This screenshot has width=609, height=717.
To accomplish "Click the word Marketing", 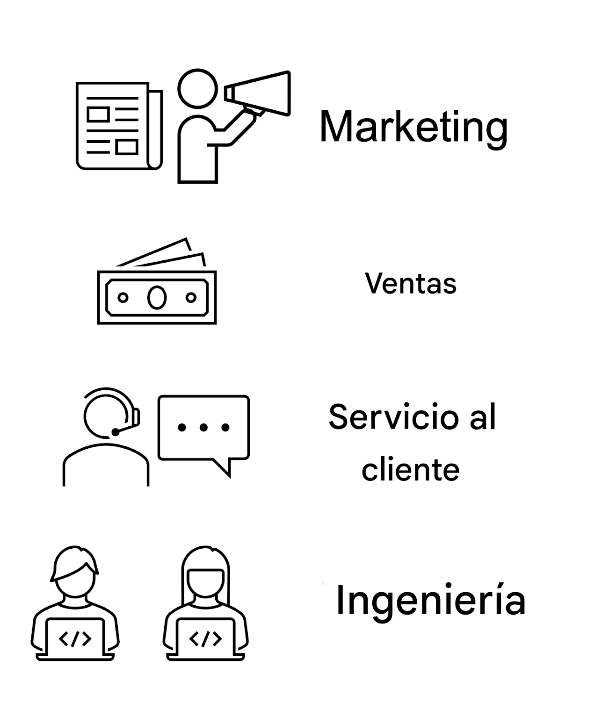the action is point(413,129).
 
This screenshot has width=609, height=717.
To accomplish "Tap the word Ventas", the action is point(410,283).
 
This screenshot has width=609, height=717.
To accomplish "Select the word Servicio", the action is point(394,416).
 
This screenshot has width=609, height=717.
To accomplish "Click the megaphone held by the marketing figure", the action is point(257,93).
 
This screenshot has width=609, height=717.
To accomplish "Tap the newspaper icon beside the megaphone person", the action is point(119,126).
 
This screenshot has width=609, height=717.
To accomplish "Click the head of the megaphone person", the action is point(197,88).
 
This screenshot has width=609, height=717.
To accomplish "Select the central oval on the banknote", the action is point(157,297).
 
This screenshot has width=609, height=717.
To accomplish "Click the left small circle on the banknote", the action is point(123,297).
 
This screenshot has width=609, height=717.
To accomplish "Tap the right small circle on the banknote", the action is point(191,297).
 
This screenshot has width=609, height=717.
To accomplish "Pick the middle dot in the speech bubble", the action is point(204,427).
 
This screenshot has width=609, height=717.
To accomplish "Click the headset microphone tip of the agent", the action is point(116,432).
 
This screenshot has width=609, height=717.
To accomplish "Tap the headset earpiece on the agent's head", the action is point(136,417).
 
